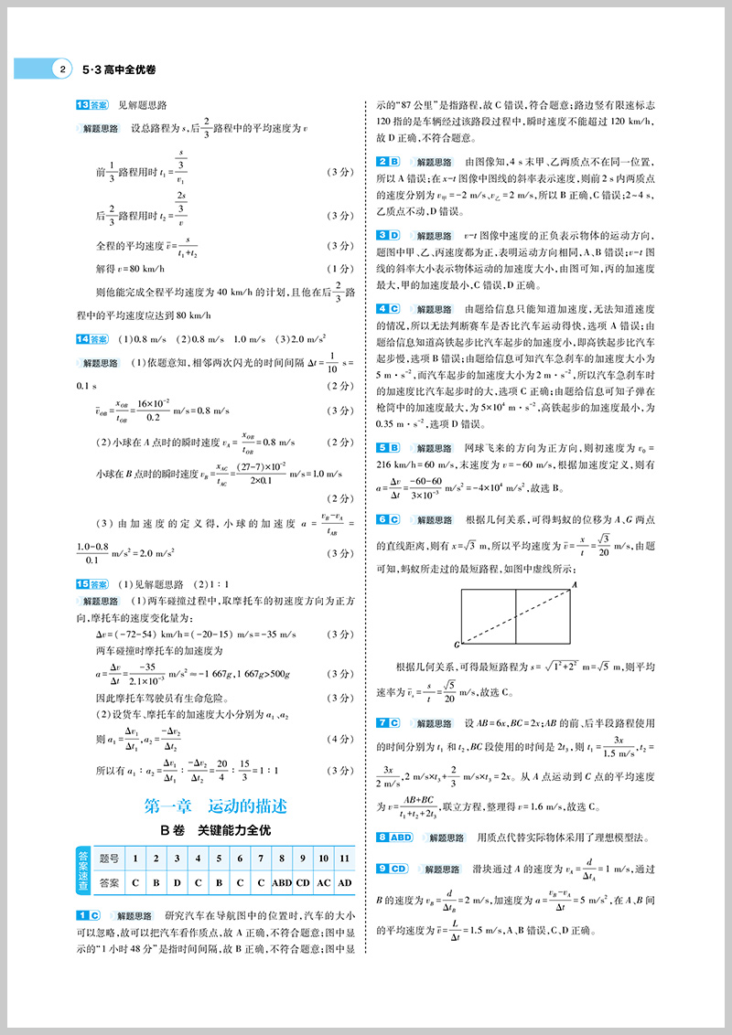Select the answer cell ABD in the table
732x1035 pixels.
click(x=282, y=882)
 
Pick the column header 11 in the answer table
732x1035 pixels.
click(x=344, y=859)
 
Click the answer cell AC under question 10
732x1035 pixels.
click(x=325, y=882)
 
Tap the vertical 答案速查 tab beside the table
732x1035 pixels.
click(x=82, y=870)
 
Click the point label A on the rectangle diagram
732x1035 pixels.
click(x=575, y=583)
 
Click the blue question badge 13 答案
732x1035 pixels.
click(x=93, y=105)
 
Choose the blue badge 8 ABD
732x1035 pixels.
click(x=394, y=837)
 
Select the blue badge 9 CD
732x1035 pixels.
click(x=393, y=868)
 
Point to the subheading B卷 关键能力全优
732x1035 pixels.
click(x=216, y=831)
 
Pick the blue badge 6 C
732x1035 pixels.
click(x=390, y=519)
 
